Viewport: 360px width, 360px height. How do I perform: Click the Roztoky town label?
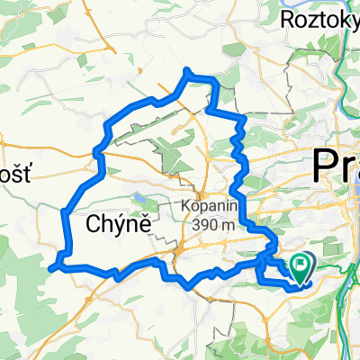click(x=319, y=19)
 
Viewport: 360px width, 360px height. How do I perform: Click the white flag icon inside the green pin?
click(x=300, y=264)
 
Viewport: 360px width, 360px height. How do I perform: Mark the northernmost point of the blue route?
click(x=187, y=70)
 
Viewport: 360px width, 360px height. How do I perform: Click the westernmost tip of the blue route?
click(x=51, y=266)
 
